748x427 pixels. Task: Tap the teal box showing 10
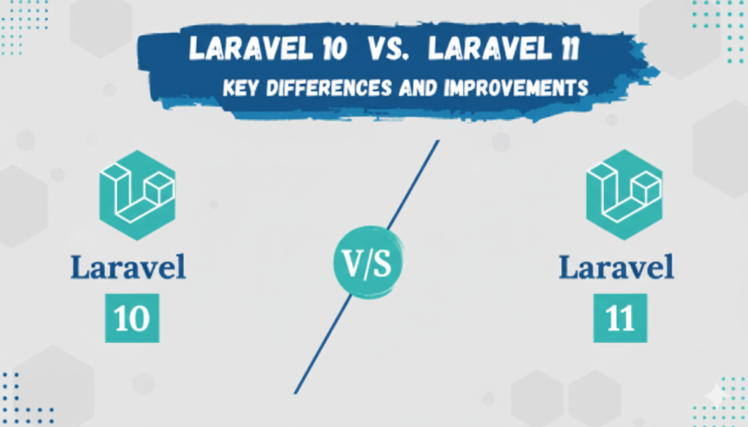point(133,318)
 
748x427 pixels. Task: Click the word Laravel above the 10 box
point(128,267)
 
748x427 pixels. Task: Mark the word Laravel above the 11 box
point(617,267)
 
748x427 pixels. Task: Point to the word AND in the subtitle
point(414,88)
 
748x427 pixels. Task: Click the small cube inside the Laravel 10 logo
point(159,189)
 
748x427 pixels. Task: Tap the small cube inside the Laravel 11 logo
point(646,188)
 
